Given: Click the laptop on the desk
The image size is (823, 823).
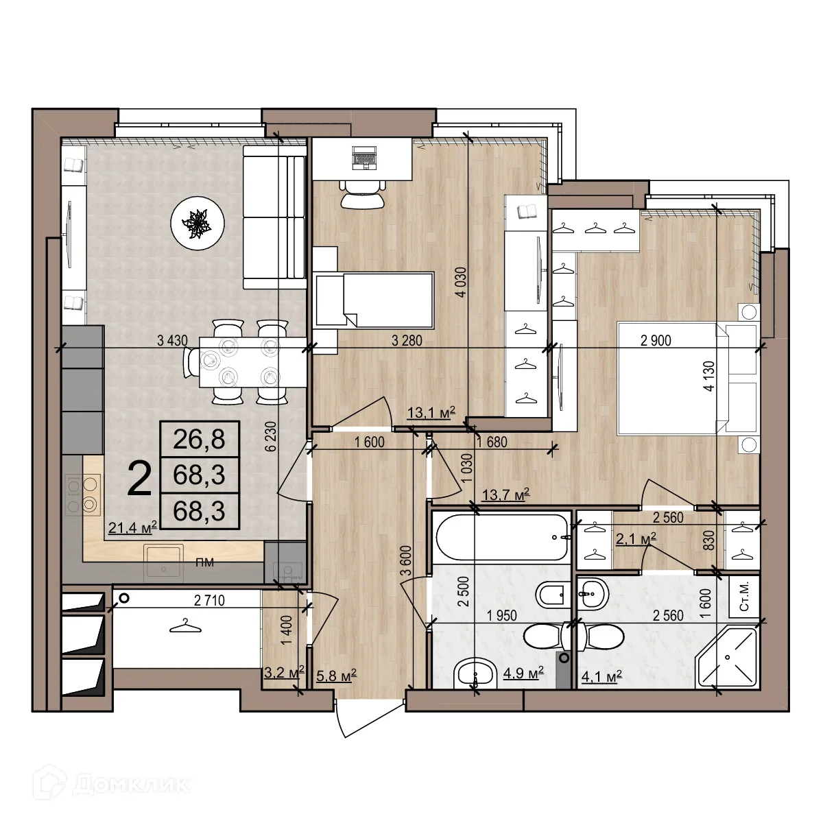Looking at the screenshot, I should coord(363,158).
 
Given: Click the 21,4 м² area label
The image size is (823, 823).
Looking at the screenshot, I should coord(133,527).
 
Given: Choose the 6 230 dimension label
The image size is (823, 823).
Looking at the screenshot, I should coord(271,436).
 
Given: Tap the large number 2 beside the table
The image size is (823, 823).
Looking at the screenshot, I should coord(140,479).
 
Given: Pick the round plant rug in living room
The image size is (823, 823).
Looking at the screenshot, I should coord(198,222).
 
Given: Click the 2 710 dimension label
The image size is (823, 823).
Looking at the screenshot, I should coord(209,601).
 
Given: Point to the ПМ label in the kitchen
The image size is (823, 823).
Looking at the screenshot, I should coord(204,563).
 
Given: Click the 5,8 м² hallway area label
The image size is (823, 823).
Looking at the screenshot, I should coord(335,677).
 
